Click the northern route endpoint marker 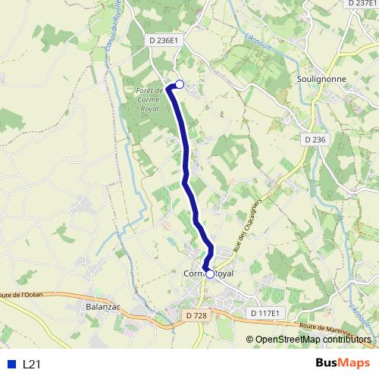pyautogui.click(x=180, y=84)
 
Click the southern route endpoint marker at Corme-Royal pyautogui.click(x=210, y=274)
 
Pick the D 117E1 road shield pyautogui.click(x=265, y=313)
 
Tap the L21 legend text pyautogui.click(x=31, y=365)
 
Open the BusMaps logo pyautogui.click(x=343, y=363)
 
